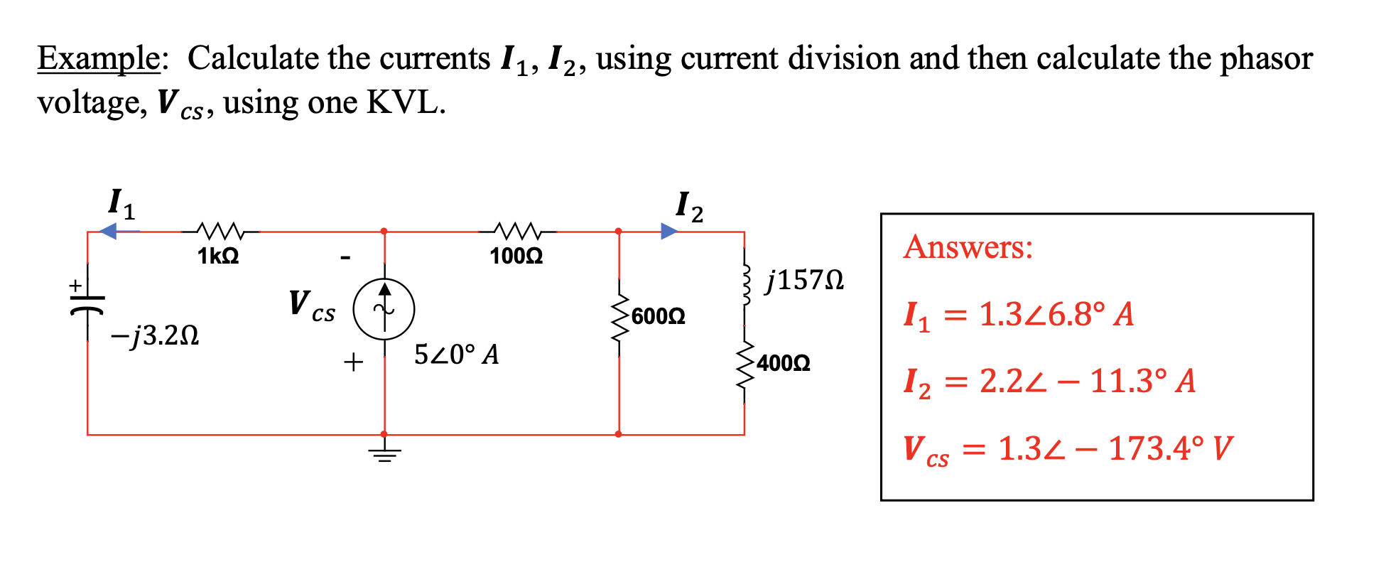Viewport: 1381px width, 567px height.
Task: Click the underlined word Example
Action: tap(99, 58)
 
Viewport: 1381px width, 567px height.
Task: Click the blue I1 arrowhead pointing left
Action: tap(109, 231)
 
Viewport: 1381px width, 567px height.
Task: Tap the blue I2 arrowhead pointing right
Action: tap(668, 231)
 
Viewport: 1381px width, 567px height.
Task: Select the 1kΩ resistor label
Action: tap(218, 256)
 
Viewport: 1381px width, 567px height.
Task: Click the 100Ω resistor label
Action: tap(516, 256)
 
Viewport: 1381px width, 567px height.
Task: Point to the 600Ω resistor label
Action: tap(658, 316)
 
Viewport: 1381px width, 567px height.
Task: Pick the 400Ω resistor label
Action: tap(783, 363)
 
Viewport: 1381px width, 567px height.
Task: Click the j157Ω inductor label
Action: tap(805, 280)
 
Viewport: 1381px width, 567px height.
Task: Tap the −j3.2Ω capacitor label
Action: tap(154, 335)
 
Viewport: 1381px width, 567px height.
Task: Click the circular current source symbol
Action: tap(384, 309)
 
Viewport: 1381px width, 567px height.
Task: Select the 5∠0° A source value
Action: tap(456, 354)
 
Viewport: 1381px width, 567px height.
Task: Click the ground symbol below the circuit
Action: tap(384, 453)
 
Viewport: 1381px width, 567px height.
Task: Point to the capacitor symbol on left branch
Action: tap(87, 303)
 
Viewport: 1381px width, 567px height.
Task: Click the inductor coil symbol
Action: tap(744, 285)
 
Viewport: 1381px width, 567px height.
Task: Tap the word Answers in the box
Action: tap(968, 247)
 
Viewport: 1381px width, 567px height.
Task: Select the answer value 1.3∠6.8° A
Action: tap(1056, 314)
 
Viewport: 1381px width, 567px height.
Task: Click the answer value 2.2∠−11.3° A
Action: tap(1087, 381)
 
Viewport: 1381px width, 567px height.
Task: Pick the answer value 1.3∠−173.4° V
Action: tap(1115, 448)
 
